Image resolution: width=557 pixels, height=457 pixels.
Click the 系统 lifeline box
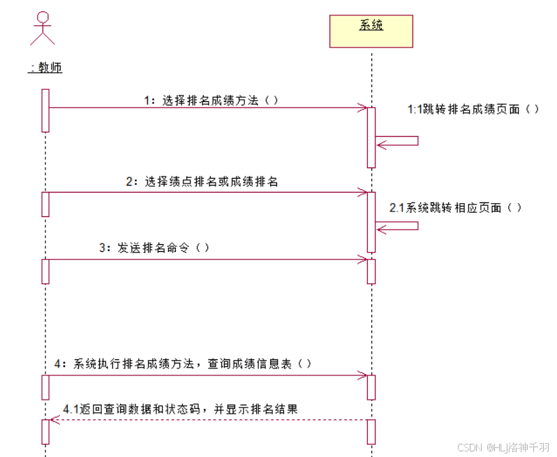(x=371, y=31)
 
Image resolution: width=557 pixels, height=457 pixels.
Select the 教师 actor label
(x=45, y=68)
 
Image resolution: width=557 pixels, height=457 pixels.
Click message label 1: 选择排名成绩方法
(x=211, y=100)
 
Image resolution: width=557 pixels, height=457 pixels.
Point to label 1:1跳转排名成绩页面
(x=473, y=109)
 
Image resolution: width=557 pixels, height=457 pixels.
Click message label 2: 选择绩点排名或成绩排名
(x=202, y=182)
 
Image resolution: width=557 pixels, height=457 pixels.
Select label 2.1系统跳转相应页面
(x=456, y=208)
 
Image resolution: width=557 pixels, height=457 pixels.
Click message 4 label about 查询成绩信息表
(x=182, y=364)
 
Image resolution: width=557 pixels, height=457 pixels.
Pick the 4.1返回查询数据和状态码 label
(x=180, y=409)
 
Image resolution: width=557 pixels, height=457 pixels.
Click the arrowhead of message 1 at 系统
(x=363, y=107)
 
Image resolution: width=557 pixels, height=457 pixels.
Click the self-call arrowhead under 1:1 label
(x=381, y=145)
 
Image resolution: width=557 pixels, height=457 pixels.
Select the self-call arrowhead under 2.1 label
(x=381, y=225)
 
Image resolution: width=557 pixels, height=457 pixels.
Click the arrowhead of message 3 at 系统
(x=363, y=260)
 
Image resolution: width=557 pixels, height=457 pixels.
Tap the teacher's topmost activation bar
(x=45, y=110)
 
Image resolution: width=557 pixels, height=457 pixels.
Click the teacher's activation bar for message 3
(x=45, y=271)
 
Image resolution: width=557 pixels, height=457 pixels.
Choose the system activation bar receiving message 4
(x=371, y=387)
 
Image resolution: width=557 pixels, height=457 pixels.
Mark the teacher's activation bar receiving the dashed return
(x=45, y=432)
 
